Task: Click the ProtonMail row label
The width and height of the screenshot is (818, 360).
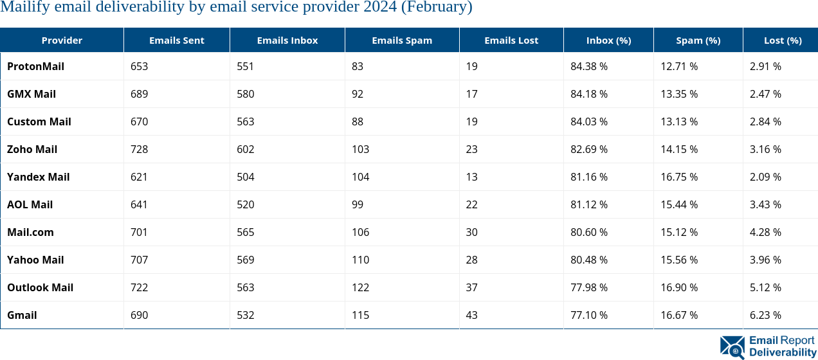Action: pos(35,66)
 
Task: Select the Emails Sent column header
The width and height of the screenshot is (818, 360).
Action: pos(176,40)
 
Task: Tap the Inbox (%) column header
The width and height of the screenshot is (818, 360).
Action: pos(608,40)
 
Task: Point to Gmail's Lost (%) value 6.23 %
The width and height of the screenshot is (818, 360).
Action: pos(765,315)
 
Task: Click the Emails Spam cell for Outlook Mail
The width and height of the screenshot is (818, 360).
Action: pos(360,287)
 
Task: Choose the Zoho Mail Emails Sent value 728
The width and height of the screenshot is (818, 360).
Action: pos(139,149)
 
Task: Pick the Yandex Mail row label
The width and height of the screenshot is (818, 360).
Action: pos(38,177)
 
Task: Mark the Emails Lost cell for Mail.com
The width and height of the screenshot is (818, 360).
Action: pos(471,232)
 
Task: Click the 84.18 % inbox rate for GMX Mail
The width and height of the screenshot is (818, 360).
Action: pos(588,94)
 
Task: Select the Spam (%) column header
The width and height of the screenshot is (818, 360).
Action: pos(698,40)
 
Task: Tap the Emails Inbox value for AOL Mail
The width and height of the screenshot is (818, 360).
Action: pos(245,204)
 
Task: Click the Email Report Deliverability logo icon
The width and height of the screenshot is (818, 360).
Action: pos(732,346)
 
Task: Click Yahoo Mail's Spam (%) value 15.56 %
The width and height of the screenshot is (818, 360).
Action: pos(678,260)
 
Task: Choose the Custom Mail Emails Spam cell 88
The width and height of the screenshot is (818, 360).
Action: pos(357,122)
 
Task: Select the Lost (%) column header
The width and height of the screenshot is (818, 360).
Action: pos(782,40)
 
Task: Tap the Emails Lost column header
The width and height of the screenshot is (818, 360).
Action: pos(511,40)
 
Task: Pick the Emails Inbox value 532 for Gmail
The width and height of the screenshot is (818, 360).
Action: pos(245,315)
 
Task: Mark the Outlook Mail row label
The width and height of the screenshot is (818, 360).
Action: pos(40,287)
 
